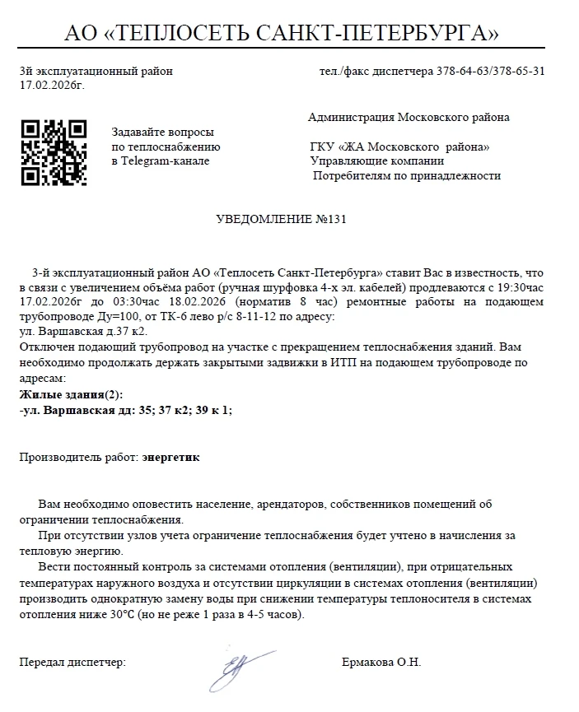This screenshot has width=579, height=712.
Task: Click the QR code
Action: pos(54,152)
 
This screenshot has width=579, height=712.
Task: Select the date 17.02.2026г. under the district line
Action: pos(51,84)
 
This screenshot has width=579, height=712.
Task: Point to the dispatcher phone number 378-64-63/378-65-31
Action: pos(490,71)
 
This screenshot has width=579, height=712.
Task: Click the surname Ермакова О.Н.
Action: pos(381,663)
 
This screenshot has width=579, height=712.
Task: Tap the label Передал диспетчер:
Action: pos(72,663)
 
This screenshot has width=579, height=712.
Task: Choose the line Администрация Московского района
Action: pos(409,117)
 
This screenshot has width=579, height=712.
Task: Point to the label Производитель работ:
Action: pos(78,456)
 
